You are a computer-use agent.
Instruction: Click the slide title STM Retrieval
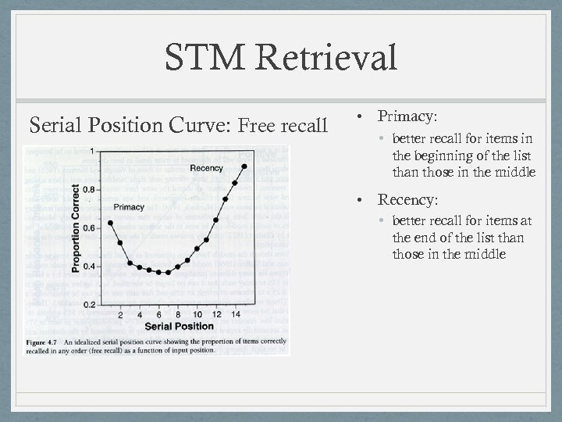click(280, 59)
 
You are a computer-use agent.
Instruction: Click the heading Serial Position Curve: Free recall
click(178, 125)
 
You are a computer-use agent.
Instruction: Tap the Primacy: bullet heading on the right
click(407, 116)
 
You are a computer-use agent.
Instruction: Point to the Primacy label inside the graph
click(128, 206)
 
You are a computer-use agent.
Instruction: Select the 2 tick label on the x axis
click(120, 315)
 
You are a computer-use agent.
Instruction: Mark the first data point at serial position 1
click(111, 223)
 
